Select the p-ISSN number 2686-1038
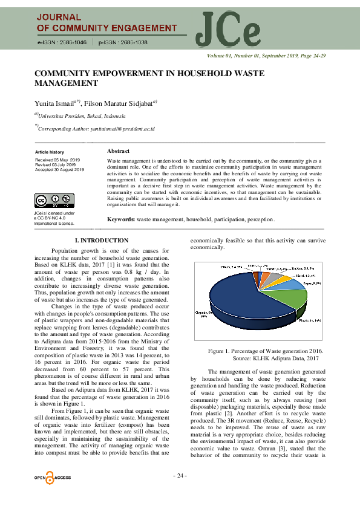pyautogui.click(x=128, y=43)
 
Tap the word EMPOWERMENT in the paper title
pyautogui.click(x=121, y=73)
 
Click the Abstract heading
pyautogui.click(x=118, y=151)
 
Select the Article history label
pyautogui.click(x=49, y=152)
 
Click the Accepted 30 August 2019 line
pyautogui.click(x=59, y=169)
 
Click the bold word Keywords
pyautogui.click(x=121, y=219)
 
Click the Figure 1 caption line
pyautogui.click(x=265, y=351)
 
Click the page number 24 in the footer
pyautogui.click(x=180, y=475)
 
